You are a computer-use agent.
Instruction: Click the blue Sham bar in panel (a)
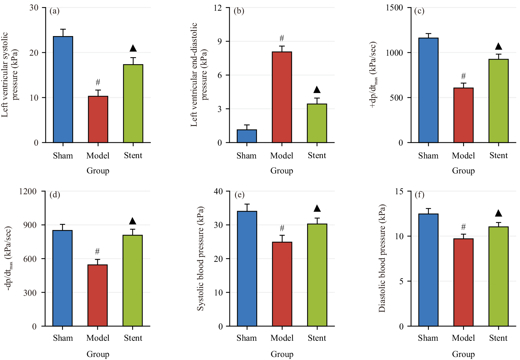pos(63,89)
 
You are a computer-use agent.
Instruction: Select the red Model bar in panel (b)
pos(282,97)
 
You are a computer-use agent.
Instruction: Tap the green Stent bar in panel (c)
pos(499,101)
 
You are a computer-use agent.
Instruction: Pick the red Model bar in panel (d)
pos(98,295)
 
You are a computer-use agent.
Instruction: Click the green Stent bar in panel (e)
pos(317,275)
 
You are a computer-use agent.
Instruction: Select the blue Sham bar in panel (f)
pos(429,270)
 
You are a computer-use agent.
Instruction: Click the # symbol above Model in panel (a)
pos(98,82)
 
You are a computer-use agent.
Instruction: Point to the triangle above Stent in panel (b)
pos(317,90)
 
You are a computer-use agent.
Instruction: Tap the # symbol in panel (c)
pos(463,76)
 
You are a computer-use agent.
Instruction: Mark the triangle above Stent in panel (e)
pos(317,209)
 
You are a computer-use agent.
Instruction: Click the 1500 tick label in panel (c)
pos(394,8)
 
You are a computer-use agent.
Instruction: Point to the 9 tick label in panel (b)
pos(220,41)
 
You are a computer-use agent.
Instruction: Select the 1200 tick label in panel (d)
pos(28,191)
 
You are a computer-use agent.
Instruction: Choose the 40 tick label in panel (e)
pos(218,191)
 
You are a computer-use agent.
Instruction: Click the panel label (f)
pos(419,195)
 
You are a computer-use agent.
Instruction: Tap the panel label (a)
pos(54,11)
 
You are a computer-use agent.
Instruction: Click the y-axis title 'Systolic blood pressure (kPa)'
pos(200,258)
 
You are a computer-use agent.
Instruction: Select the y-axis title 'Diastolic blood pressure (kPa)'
pos(382,258)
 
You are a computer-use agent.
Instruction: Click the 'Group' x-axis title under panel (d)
pos(98,354)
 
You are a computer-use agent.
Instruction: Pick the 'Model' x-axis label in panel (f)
pos(463,338)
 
